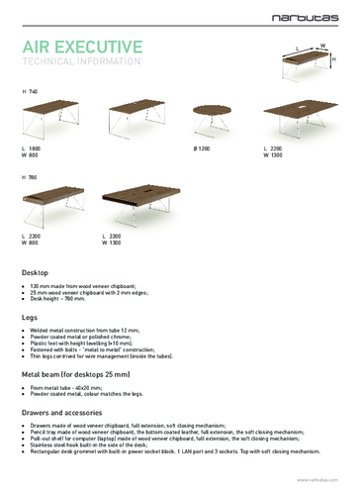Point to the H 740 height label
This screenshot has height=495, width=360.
(30, 91)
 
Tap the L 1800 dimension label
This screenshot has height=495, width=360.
(31, 148)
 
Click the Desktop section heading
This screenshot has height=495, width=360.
(36, 271)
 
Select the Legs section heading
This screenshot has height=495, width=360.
(30, 316)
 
